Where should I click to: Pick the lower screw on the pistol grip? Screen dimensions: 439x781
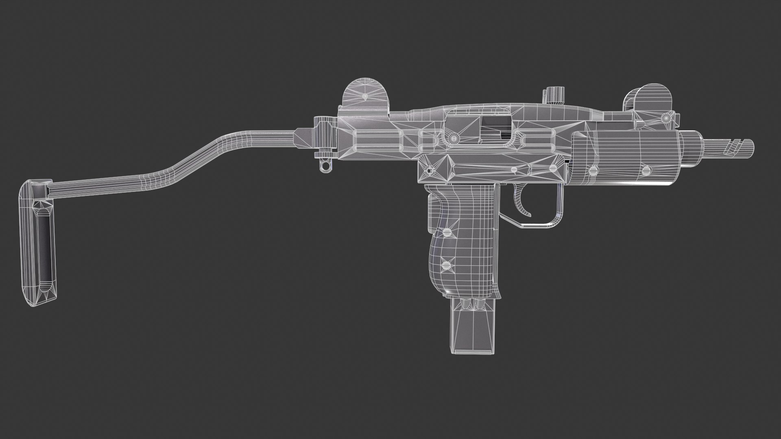coord(446,265)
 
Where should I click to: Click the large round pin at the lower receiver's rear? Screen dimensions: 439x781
coord(428,170)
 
